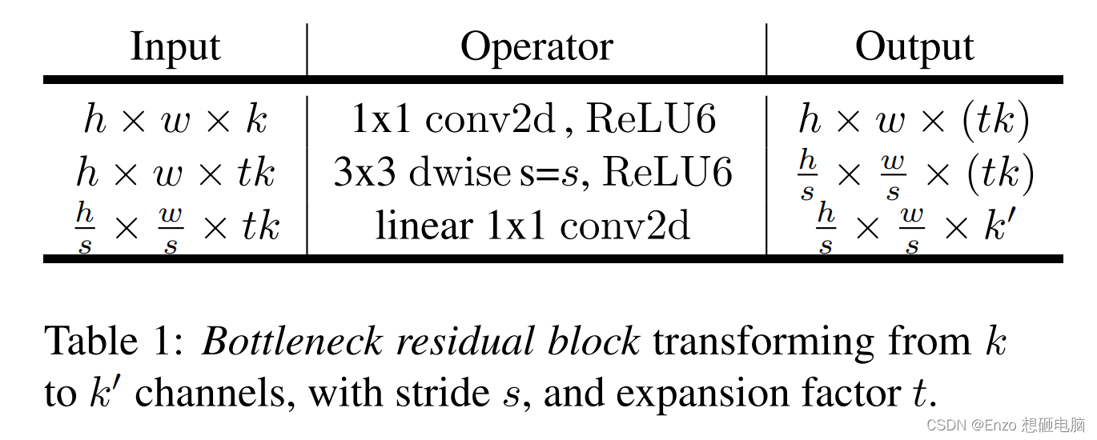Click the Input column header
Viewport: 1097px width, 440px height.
[175, 46]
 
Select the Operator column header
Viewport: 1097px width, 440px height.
[536, 46]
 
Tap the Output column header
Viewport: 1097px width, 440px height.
[914, 46]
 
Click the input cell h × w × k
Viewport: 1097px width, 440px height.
[175, 120]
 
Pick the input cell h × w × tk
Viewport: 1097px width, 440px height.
[176, 172]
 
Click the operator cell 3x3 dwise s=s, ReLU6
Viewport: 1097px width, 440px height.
[533, 172]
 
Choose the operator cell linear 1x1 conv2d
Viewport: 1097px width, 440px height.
[532, 226]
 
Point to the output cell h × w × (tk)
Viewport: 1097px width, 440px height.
[914, 120]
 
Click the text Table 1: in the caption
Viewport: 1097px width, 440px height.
[114, 342]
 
